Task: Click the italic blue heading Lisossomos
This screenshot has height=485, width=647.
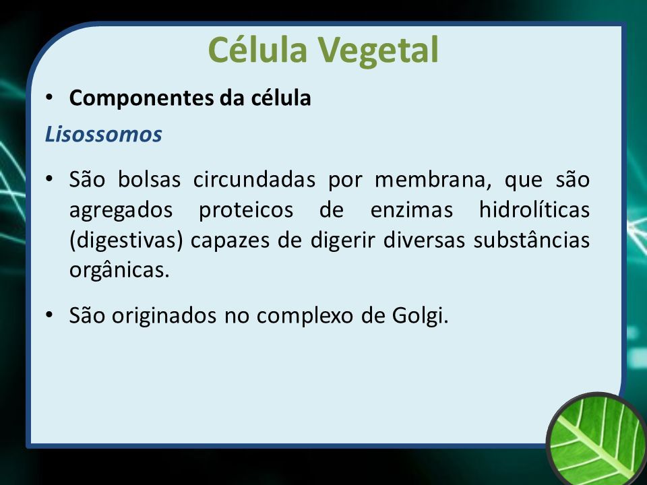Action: coord(103,134)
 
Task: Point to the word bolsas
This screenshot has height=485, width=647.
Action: coord(150,179)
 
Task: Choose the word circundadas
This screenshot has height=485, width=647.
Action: coord(255,179)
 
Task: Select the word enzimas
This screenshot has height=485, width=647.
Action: coord(411,209)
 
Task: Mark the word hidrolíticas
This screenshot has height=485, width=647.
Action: coord(534,209)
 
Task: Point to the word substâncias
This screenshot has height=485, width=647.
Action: coord(532,240)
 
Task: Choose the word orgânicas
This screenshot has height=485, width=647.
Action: coord(119,271)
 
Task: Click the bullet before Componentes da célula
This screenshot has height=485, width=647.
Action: coord(49,98)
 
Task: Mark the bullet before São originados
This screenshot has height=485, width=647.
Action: coord(49,315)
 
